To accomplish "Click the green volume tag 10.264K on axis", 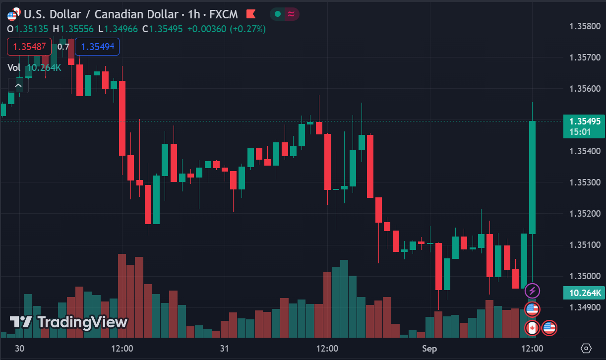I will point(585,293).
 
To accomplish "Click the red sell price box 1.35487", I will point(29,47).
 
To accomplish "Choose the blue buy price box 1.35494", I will point(97,47).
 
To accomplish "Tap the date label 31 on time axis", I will point(224,348).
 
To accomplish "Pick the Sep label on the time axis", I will point(429,348).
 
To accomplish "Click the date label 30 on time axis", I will point(19,348).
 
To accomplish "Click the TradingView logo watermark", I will point(69,322).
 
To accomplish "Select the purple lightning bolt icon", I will point(532,291).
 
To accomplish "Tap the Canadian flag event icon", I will point(532,328).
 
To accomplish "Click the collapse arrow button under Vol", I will point(18,86).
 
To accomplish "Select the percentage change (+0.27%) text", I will point(247,29).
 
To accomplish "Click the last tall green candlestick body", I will point(532,177).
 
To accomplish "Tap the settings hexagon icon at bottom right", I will point(586,348).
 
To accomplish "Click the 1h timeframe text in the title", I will point(194,14).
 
